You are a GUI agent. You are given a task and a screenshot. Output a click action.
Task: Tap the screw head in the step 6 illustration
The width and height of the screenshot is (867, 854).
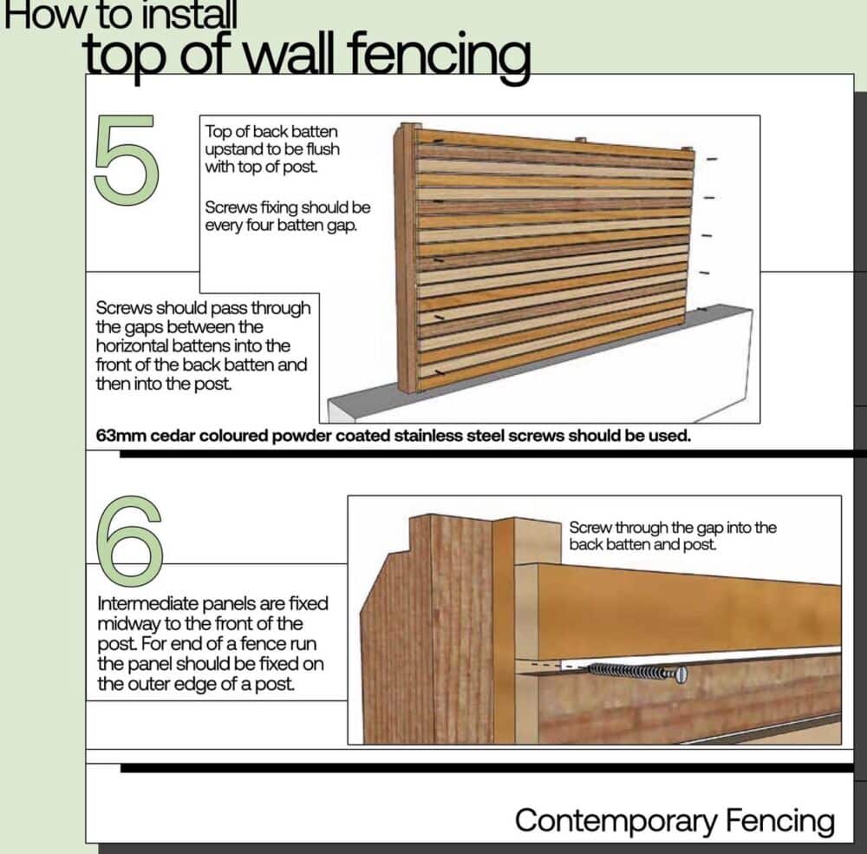tap(680, 673)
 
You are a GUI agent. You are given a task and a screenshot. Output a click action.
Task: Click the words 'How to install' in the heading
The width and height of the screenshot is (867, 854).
tap(121, 15)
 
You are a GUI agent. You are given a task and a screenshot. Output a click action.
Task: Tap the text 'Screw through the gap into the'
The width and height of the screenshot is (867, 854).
tap(673, 528)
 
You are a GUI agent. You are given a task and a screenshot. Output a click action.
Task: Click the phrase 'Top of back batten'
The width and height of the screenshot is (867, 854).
tap(271, 133)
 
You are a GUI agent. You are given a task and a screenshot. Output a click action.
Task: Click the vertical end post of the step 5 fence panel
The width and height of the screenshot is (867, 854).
tap(405, 260)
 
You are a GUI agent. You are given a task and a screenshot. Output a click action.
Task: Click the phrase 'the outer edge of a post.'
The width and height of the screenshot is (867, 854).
tap(196, 683)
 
